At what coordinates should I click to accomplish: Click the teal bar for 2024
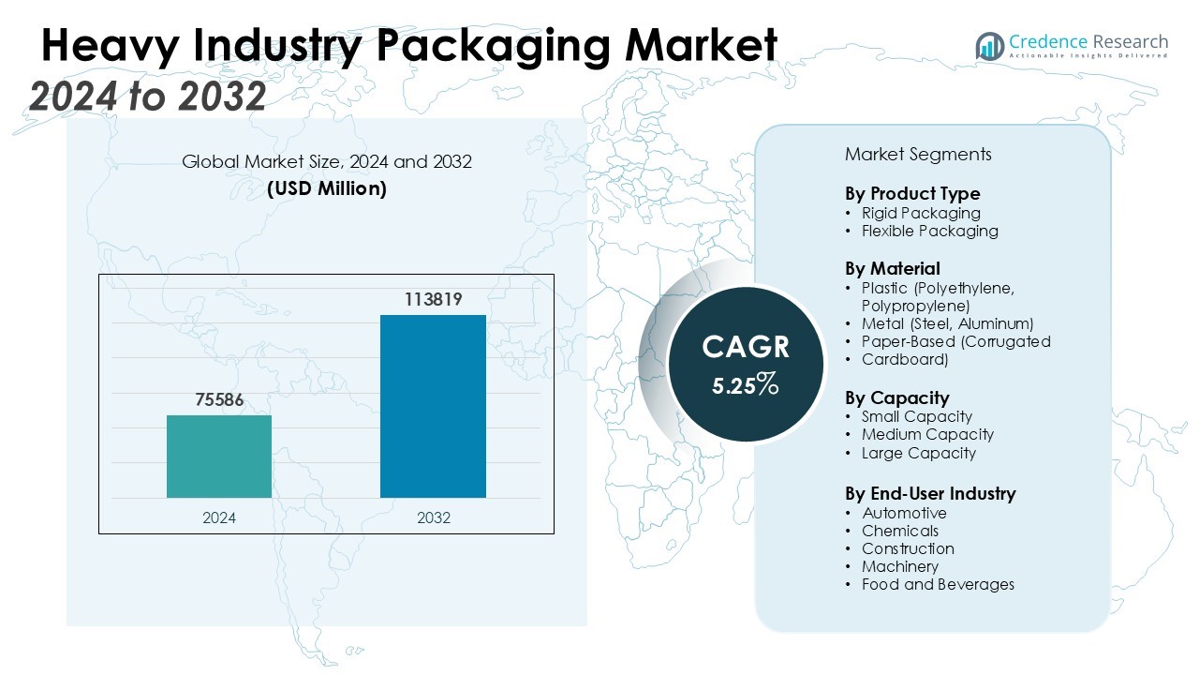(219, 457)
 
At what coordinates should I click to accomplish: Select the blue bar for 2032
(433, 406)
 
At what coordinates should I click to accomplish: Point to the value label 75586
(219, 399)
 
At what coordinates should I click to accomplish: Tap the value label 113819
(433, 299)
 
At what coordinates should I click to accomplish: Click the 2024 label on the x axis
(219, 517)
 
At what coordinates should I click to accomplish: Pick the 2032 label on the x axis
(433, 517)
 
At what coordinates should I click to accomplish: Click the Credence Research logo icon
(989, 46)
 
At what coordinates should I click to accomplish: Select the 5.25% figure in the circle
(745, 383)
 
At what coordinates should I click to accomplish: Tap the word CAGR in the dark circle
(746, 348)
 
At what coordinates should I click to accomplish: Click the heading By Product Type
(912, 194)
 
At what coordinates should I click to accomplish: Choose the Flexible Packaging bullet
(930, 231)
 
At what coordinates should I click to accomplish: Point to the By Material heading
(893, 269)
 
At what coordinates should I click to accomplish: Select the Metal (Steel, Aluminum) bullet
(947, 323)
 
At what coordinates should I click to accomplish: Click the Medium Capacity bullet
(927, 434)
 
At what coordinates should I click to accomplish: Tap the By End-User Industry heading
(930, 493)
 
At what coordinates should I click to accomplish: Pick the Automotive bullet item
(904, 513)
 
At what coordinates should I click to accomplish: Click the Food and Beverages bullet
(938, 584)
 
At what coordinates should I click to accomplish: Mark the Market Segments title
(918, 154)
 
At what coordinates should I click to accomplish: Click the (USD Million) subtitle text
(327, 188)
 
